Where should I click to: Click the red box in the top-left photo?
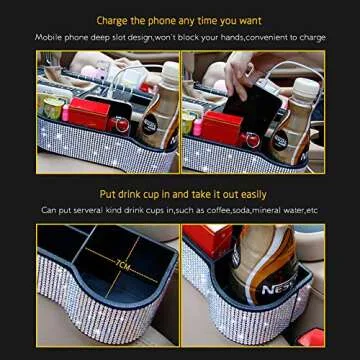pyautogui.click(x=91, y=112)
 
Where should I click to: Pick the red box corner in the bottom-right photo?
pyautogui.click(x=196, y=240)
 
